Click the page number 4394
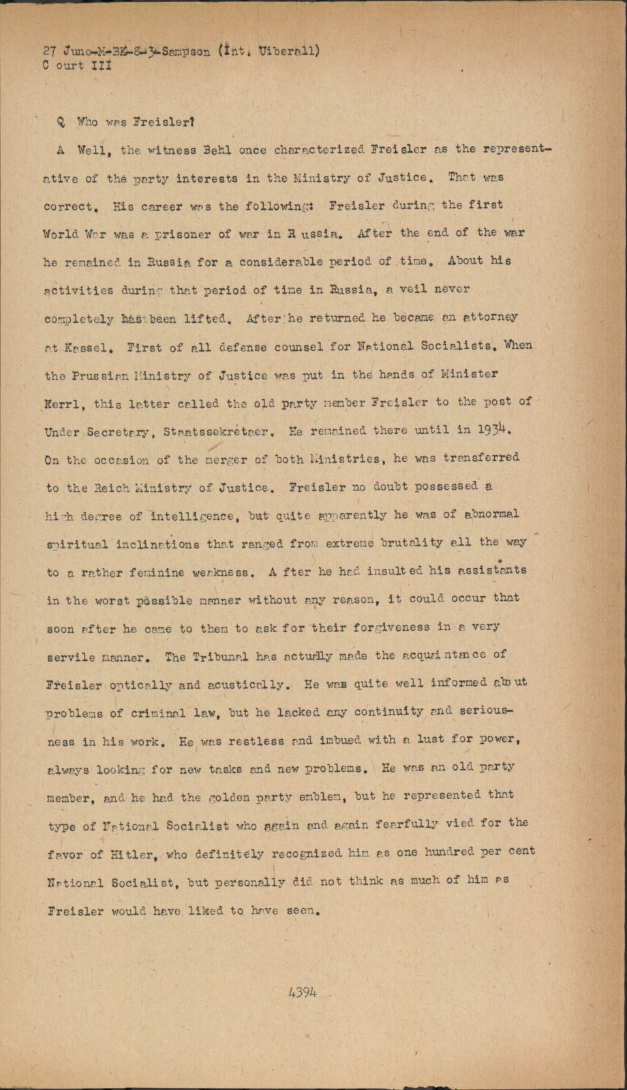pos(303,992)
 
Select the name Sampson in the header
pos(187,52)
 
